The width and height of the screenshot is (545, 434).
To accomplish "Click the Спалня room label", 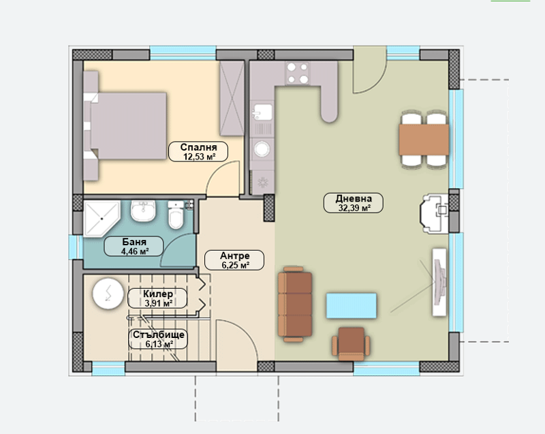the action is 198,151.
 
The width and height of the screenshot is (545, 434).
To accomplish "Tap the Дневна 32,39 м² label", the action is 354,203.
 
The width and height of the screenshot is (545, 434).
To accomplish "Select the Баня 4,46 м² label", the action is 134,246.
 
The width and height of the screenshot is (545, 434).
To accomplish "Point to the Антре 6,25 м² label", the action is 234,260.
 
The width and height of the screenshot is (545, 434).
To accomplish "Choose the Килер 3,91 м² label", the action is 157,298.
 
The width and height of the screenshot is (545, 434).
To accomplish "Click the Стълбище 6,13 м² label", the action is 158,339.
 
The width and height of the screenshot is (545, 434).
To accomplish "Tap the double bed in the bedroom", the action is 125,126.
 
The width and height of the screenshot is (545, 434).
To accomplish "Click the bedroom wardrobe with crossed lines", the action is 232,98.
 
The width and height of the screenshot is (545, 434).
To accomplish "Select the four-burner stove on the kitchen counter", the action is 298,73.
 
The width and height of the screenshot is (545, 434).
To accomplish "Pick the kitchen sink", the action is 262,112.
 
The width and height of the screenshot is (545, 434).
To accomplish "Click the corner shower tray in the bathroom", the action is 102,218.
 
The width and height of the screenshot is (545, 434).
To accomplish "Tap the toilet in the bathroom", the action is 176,215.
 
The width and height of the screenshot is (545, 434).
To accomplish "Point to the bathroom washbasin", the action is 143,211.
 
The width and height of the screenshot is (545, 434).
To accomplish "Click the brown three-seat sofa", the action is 295,305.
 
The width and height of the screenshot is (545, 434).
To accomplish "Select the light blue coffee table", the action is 352,305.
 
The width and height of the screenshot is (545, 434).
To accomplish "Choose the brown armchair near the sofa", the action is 351,343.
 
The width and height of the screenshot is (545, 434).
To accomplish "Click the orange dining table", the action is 424,140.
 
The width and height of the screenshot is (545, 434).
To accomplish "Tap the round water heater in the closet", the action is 108,294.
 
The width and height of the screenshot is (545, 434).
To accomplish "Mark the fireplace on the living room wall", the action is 435,213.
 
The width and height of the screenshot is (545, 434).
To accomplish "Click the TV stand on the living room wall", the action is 439,282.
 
